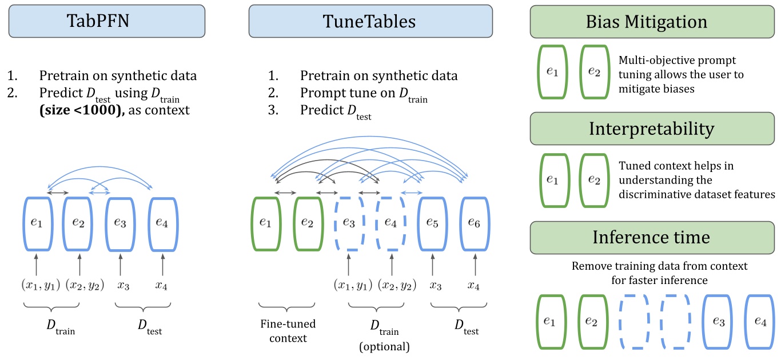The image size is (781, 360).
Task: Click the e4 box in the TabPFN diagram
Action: tap(162, 223)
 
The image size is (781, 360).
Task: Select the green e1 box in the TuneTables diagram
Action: tap(266, 223)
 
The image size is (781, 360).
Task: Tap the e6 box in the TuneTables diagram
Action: tap(475, 223)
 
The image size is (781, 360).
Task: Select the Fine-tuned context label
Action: tap(286, 331)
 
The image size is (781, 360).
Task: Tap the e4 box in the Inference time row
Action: tap(760, 322)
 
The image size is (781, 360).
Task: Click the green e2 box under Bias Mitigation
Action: tap(594, 73)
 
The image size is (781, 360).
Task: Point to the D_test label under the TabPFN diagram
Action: tap(150, 326)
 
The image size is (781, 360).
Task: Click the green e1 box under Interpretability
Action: tap(552, 179)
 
